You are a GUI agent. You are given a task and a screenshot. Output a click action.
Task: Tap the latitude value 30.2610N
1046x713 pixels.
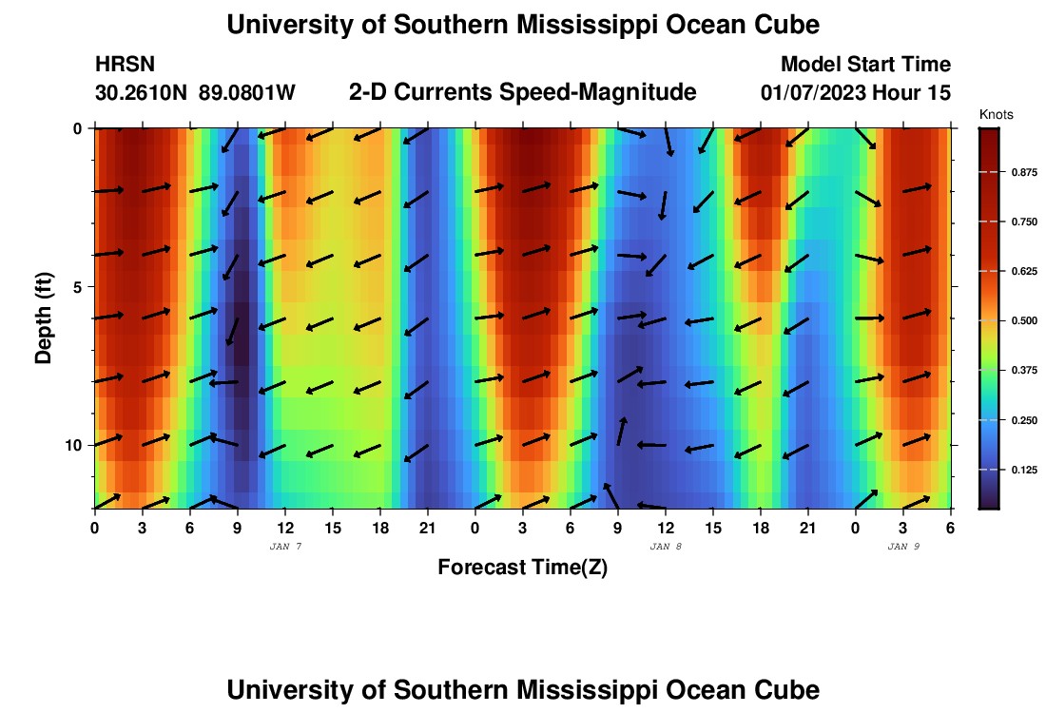pyautogui.click(x=143, y=93)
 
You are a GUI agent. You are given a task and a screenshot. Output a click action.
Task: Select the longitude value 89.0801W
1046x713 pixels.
pyautogui.click(x=247, y=93)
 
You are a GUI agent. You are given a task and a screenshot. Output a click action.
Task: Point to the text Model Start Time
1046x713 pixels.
pyautogui.click(x=865, y=65)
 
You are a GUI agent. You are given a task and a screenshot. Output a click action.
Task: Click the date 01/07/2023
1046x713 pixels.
pyautogui.click(x=819, y=93)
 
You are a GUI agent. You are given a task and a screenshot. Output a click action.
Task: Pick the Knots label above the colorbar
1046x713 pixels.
pyautogui.click(x=996, y=115)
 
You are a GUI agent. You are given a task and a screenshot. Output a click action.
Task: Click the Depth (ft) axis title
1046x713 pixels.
pyautogui.click(x=44, y=318)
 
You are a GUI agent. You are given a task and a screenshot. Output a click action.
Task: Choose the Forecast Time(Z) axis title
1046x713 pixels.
pyautogui.click(x=522, y=568)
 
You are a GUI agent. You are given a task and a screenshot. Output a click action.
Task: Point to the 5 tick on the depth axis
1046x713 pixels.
pyautogui.click(x=77, y=287)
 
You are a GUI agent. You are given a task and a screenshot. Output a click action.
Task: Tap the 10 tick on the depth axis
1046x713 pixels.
pyautogui.click(x=73, y=445)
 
